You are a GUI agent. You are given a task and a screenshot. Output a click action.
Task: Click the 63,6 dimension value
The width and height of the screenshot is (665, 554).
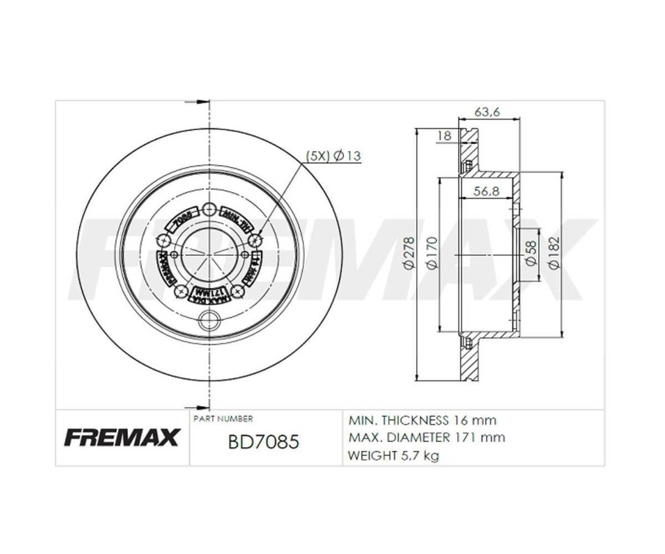click(x=487, y=111)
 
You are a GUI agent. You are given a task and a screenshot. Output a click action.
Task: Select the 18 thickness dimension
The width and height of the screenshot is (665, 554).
click(x=444, y=135)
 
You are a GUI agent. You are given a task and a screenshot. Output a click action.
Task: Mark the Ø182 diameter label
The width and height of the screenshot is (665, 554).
click(x=554, y=253)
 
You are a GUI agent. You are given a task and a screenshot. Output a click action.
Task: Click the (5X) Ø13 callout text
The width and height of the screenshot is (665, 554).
click(x=334, y=156)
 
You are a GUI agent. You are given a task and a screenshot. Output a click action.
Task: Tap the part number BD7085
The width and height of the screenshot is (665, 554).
click(x=264, y=442)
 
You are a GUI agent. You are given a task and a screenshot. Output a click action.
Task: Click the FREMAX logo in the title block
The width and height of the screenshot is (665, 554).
click(x=121, y=437)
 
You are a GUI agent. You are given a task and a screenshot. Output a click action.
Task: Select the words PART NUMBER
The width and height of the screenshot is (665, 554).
click(x=223, y=419)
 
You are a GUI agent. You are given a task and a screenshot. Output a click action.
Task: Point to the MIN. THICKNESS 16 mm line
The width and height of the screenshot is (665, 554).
click(x=422, y=420)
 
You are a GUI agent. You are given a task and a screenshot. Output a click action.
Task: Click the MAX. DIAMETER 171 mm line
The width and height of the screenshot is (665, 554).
click(x=427, y=438)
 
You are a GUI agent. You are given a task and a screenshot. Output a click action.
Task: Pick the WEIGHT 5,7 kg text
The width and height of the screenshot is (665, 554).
click(x=393, y=456)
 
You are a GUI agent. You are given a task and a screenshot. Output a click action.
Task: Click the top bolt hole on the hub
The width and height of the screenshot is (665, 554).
click(x=209, y=209)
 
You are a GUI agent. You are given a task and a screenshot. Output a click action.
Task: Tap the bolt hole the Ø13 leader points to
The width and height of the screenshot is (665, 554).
click(x=255, y=240)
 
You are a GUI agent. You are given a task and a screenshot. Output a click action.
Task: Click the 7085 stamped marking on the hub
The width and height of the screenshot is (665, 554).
click(x=183, y=218)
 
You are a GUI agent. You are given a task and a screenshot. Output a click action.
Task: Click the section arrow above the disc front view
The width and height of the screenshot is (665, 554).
click(x=195, y=102)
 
